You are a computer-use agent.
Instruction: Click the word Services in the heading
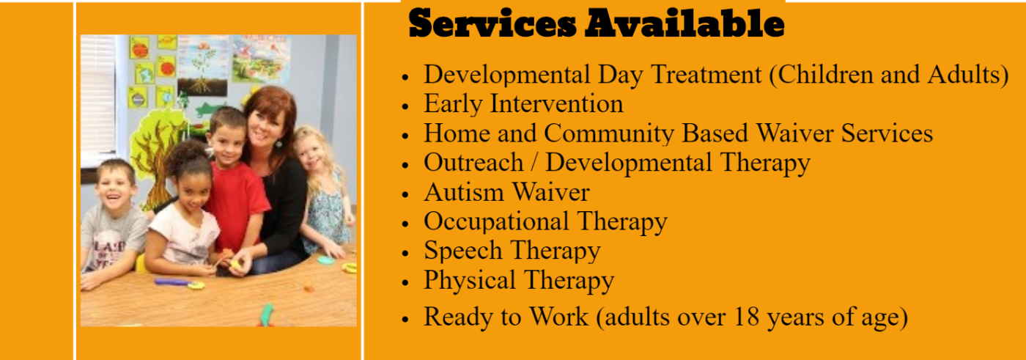[492, 23]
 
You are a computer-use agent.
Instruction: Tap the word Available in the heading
[684, 23]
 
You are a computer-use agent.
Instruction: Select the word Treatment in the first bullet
[706, 75]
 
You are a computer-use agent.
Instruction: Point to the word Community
[609, 134]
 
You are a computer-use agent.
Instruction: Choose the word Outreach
[473, 163]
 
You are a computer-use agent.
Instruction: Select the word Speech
[463, 251]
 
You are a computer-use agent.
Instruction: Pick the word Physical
[470, 281]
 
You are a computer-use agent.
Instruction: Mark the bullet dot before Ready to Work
[405, 319]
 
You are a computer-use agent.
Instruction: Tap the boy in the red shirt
[234, 183]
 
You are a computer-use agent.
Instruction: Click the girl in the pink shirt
[183, 216]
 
